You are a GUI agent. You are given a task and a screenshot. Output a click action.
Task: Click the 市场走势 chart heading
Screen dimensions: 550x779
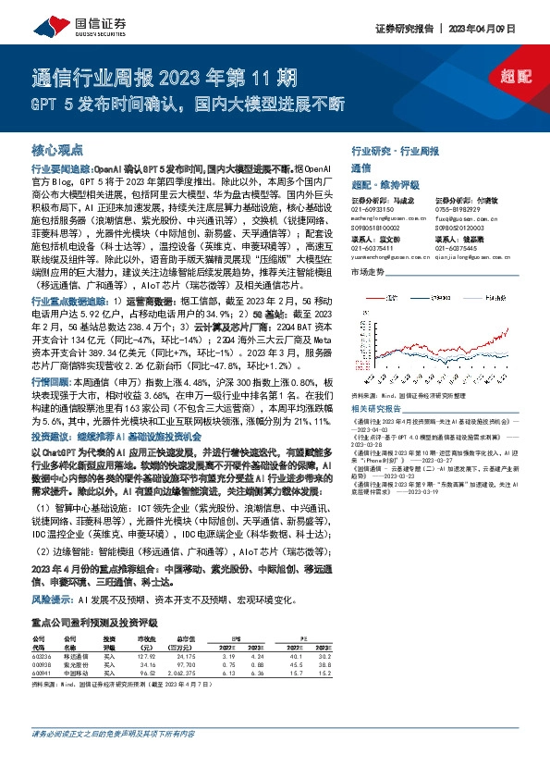click(368, 271)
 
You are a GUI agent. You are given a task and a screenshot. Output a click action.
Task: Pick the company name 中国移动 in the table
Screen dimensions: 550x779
click(75, 649)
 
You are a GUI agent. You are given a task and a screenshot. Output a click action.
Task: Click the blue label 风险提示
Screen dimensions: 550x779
click(51, 573)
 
